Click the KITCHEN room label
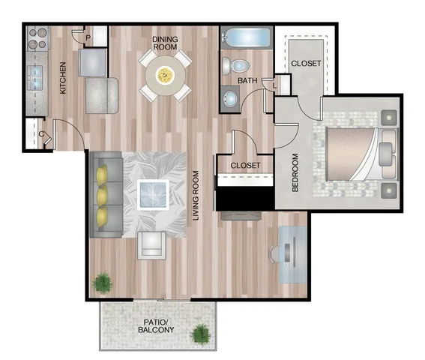[63, 78]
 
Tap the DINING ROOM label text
[165, 43]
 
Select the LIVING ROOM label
[196, 195]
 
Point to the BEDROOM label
[295, 172]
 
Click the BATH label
[247, 80]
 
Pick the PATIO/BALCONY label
[156, 326]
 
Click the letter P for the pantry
[88, 38]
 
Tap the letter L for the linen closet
[275, 87]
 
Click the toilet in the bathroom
[235, 66]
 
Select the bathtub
[246, 37]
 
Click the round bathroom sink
[230, 99]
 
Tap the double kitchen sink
[37, 78]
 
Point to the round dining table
[166, 76]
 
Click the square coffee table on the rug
[153, 194]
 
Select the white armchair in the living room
[151, 246]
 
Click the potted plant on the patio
[200, 334]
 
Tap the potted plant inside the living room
[102, 283]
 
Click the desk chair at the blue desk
[274, 254]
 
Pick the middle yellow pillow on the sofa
[103, 194]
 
